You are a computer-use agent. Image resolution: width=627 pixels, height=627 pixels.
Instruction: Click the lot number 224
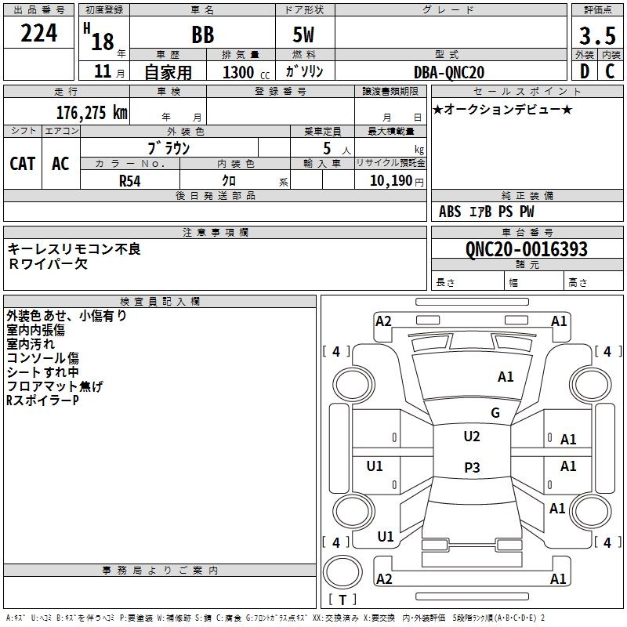point(39,34)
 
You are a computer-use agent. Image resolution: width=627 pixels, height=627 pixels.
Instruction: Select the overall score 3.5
point(596,36)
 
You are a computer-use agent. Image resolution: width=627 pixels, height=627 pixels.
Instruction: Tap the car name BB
point(202,36)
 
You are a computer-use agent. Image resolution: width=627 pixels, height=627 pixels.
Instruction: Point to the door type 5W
point(304,36)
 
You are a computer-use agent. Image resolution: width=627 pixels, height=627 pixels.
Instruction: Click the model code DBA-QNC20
point(449,72)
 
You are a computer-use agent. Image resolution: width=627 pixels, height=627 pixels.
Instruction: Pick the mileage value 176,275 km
point(92,112)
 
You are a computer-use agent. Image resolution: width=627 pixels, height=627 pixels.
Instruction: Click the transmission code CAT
point(23,164)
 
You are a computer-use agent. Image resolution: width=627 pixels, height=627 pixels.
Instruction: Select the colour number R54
point(130,180)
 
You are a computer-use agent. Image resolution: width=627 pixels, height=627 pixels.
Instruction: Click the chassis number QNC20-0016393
point(526,249)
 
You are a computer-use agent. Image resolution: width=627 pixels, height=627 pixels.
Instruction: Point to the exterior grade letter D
point(584,71)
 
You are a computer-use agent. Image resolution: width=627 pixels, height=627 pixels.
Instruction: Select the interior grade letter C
point(610,71)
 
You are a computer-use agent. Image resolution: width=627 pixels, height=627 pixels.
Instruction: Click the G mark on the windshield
point(495,413)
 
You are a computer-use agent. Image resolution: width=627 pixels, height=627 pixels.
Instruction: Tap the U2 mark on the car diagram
point(472,437)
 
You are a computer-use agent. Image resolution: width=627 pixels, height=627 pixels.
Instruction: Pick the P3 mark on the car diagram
point(472,468)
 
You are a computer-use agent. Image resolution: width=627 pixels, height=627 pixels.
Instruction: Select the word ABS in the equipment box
point(450,212)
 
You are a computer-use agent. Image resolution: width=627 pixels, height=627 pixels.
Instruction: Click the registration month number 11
point(102,72)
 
